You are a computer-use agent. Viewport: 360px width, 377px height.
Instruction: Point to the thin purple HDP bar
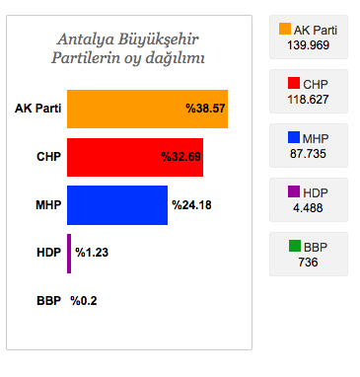[x=69, y=253]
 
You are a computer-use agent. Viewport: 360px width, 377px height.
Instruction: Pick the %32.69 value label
[x=181, y=157]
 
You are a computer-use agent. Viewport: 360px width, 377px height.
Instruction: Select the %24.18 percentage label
[x=191, y=205]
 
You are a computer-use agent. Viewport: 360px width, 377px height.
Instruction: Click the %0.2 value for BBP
[x=84, y=301]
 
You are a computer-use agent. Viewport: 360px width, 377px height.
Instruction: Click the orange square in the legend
[x=286, y=30]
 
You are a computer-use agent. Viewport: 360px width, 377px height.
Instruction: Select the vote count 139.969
[x=309, y=45]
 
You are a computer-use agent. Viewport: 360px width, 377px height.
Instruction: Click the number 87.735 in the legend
[x=309, y=153]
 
